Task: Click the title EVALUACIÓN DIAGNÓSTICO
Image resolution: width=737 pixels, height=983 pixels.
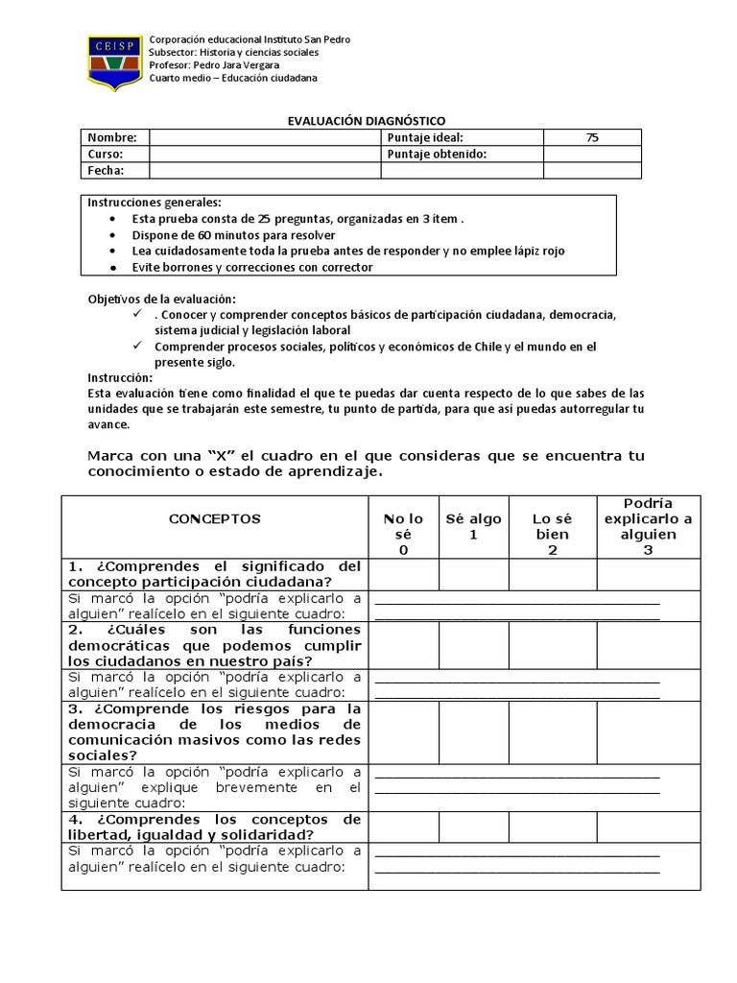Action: click(368, 121)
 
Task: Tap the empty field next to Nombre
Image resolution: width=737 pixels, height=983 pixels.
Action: click(264, 137)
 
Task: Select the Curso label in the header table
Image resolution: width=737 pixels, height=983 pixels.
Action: click(106, 154)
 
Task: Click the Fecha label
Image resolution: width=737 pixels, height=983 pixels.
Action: click(106, 170)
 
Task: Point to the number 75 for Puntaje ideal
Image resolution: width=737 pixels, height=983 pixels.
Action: click(592, 137)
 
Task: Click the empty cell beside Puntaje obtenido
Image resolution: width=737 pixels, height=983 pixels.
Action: click(592, 154)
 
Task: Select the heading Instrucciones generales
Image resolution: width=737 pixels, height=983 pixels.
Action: click(155, 203)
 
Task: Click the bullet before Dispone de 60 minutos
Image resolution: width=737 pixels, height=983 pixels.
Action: click(114, 234)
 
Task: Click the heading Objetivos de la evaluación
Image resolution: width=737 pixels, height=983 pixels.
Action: click(161, 299)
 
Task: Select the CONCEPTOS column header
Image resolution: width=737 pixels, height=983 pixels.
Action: click(214, 518)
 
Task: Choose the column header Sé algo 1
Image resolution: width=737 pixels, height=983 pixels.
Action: click(473, 526)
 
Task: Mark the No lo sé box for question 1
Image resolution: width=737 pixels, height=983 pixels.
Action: click(403, 574)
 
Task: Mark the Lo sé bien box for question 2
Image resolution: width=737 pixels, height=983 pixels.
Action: click(552, 644)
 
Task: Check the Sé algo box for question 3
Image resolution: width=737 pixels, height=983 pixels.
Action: click(473, 731)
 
